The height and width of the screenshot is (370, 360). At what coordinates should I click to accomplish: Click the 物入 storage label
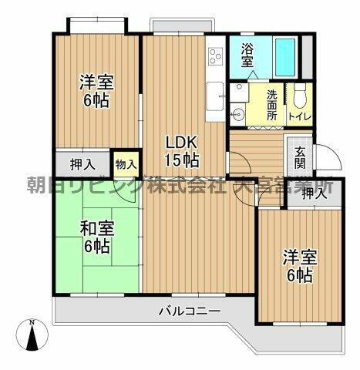pos(126,163)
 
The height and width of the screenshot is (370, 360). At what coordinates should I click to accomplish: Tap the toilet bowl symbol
pos(299,96)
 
